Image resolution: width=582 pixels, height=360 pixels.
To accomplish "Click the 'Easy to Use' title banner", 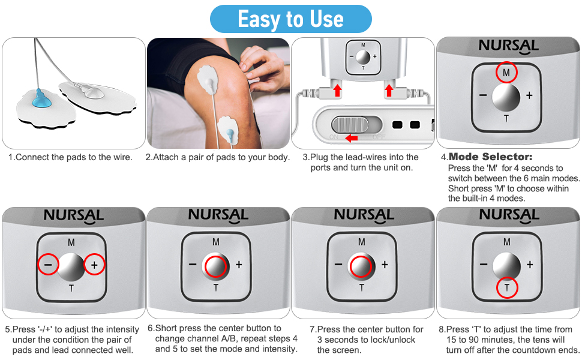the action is click(x=290, y=19).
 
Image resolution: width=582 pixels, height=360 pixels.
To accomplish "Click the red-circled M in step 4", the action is click(x=506, y=73).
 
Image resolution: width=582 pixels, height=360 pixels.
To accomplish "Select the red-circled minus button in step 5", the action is click(x=48, y=265).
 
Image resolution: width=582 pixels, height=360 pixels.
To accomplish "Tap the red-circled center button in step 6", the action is click(x=215, y=266).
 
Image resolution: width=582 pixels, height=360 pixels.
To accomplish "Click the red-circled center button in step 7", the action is click(x=361, y=266).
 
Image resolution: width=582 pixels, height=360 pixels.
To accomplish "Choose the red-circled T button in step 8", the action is click(x=507, y=287).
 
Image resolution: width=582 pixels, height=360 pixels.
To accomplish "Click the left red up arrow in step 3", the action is click(x=337, y=90).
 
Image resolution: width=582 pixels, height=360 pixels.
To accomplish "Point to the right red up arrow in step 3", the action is click(x=389, y=90).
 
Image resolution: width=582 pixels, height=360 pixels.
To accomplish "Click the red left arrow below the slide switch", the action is click(x=351, y=138).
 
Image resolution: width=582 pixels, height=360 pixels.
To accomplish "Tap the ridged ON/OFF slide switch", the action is click(x=350, y=124).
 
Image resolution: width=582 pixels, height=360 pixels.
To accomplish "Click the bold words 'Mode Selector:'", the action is click(x=490, y=157).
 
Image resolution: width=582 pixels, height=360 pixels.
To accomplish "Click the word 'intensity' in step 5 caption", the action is click(x=122, y=329).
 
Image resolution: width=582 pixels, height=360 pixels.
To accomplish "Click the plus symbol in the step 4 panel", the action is click(x=529, y=96).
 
